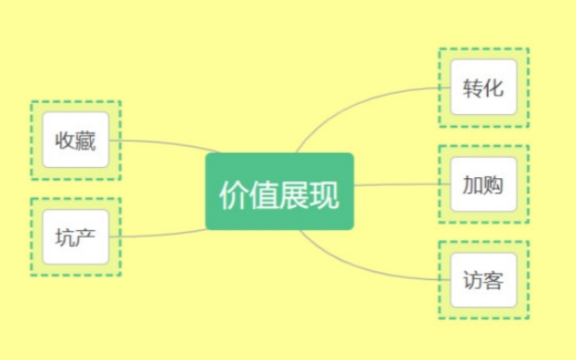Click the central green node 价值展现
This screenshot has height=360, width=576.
coord(279,191)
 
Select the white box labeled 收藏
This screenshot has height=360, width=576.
coord(75,141)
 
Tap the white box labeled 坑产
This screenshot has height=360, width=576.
coord(75,237)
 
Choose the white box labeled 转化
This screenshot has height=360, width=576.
coord(482,87)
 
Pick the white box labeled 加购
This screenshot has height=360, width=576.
coord(482,184)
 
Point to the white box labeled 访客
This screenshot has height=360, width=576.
coord(482,279)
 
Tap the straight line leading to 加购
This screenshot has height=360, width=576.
coord(399,185)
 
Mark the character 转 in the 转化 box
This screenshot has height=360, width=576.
coord(472,88)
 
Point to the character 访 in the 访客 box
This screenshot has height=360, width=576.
coord(472,279)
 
